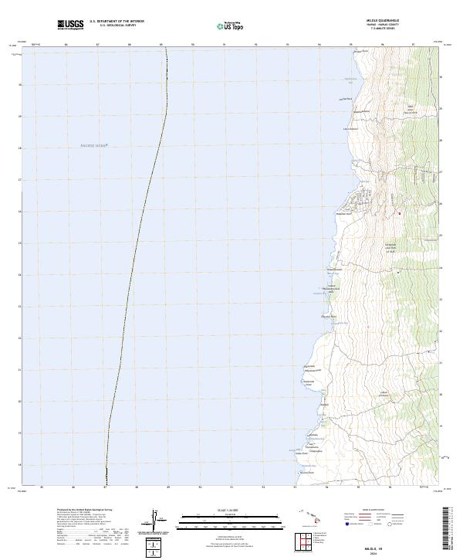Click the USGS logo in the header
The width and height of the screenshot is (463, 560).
point(70,25)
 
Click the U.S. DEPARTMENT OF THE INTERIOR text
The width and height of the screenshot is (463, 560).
point(117,22)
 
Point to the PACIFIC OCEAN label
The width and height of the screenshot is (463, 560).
point(92,144)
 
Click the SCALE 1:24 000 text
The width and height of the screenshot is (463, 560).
point(220,511)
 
